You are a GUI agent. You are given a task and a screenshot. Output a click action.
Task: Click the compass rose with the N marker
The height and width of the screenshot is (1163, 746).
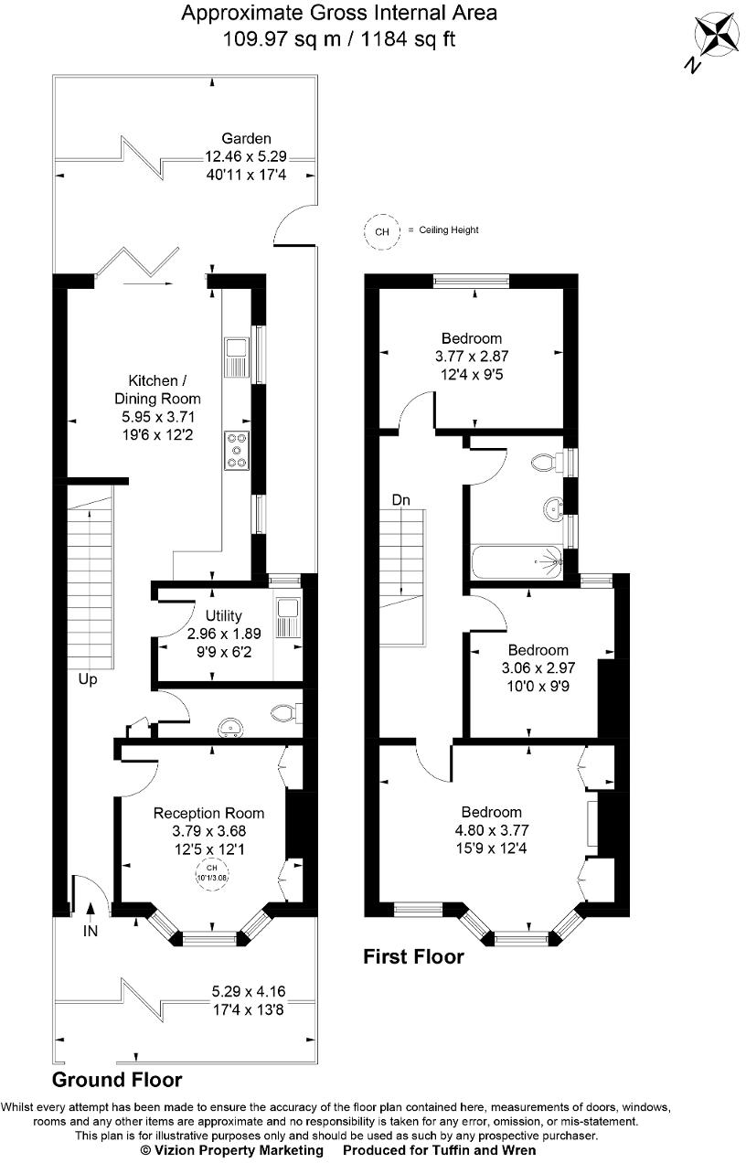(x=718, y=38)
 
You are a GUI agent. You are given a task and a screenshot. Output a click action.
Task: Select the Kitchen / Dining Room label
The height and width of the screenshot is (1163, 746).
(x=157, y=389)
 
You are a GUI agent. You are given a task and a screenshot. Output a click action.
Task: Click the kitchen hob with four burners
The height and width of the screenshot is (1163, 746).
(x=237, y=450)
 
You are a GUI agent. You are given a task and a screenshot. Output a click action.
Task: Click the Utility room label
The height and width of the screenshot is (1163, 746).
(x=224, y=616)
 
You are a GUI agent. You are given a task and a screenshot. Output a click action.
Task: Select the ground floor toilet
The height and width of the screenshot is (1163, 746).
(x=284, y=713)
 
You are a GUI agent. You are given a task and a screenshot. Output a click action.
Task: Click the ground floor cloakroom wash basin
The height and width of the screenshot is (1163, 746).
(x=231, y=727)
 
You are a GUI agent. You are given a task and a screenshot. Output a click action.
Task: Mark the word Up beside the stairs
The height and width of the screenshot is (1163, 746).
(x=89, y=680)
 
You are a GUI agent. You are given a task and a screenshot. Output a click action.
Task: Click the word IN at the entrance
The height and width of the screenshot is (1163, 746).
(x=90, y=932)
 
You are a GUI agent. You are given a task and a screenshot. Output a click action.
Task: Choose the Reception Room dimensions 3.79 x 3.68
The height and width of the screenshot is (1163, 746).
(x=208, y=831)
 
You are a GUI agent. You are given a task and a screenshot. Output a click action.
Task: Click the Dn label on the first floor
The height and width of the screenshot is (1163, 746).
(x=400, y=500)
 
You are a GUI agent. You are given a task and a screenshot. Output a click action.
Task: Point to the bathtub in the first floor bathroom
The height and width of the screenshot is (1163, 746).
(x=517, y=561)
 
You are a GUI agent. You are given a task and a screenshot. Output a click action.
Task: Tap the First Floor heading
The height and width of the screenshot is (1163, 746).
(x=414, y=957)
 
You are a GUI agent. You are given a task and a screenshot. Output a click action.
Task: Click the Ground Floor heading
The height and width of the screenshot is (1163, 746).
(x=116, y=1080)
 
